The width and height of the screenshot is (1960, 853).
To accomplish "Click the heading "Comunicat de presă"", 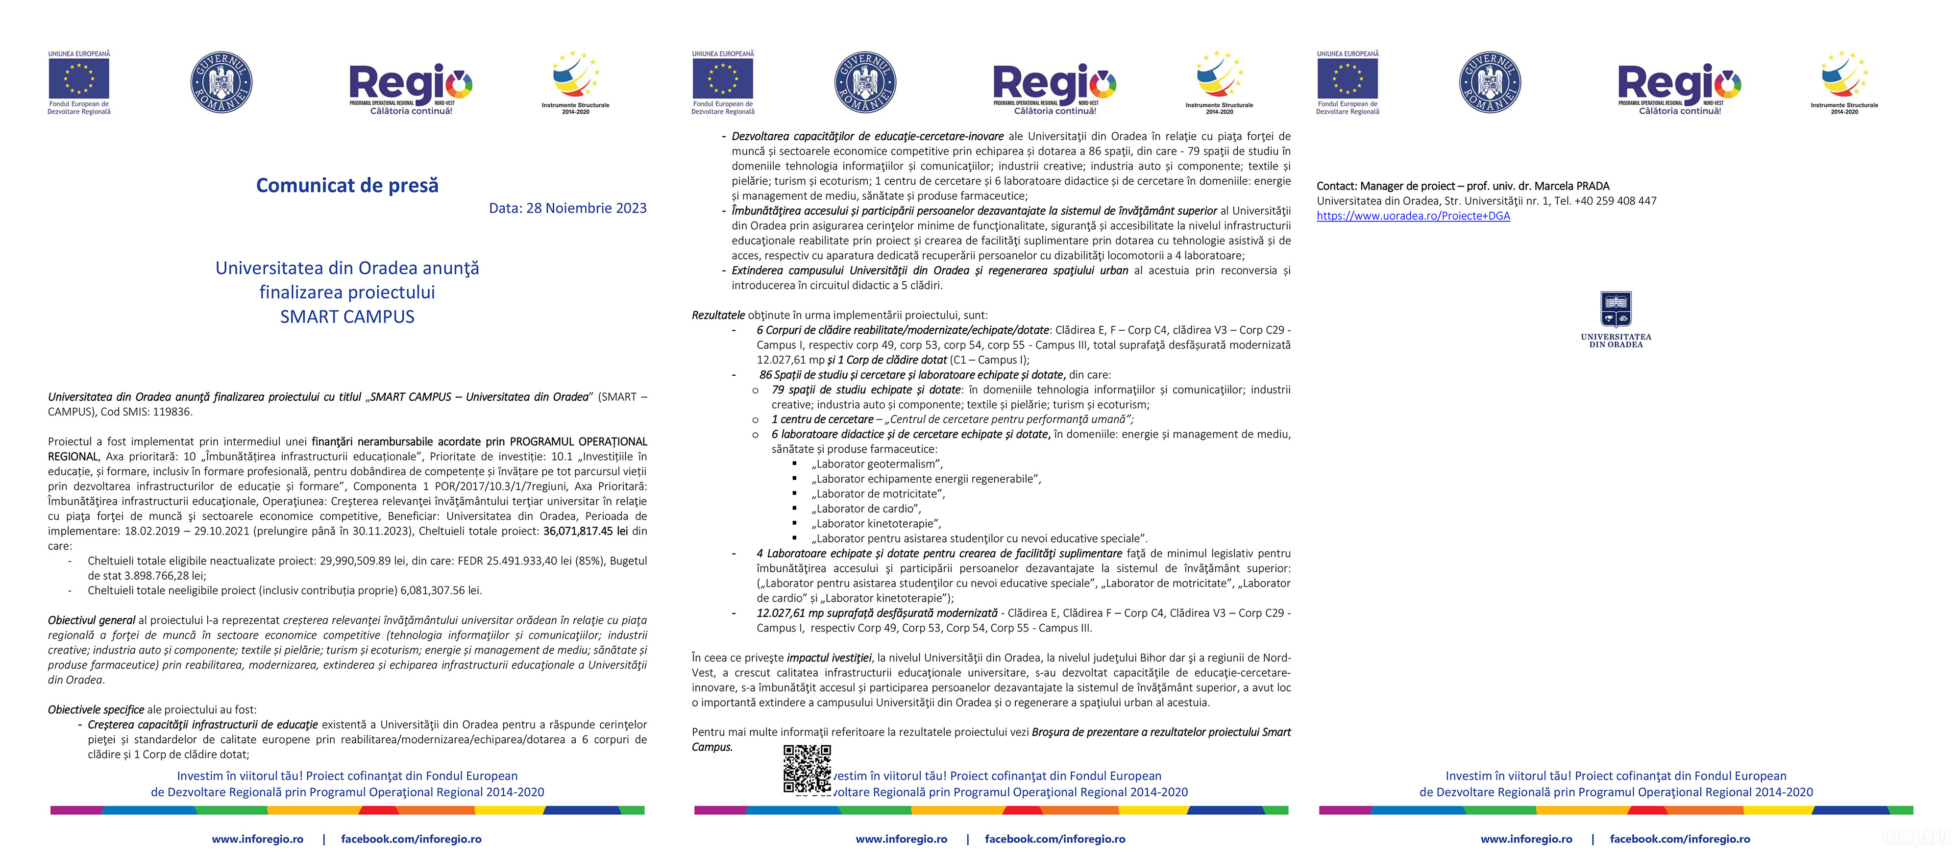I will (x=347, y=185).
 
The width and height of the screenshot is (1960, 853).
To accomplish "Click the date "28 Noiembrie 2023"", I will (x=586, y=208).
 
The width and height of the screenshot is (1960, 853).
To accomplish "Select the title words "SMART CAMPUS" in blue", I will (x=347, y=317).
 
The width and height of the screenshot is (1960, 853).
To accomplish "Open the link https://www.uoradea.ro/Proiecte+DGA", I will (x=1413, y=216).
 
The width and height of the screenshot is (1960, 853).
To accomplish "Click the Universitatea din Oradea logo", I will (x=1616, y=318).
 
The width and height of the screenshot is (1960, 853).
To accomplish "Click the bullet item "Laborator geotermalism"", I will (x=877, y=463).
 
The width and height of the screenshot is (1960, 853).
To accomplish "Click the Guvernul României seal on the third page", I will (x=1489, y=82).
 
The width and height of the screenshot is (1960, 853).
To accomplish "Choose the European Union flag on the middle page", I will (x=722, y=78).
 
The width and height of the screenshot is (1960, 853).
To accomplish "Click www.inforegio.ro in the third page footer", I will (x=1525, y=838).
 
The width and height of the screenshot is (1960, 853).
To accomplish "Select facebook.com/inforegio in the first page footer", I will (x=411, y=838).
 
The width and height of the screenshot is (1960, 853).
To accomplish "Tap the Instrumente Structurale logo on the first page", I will (x=575, y=80).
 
